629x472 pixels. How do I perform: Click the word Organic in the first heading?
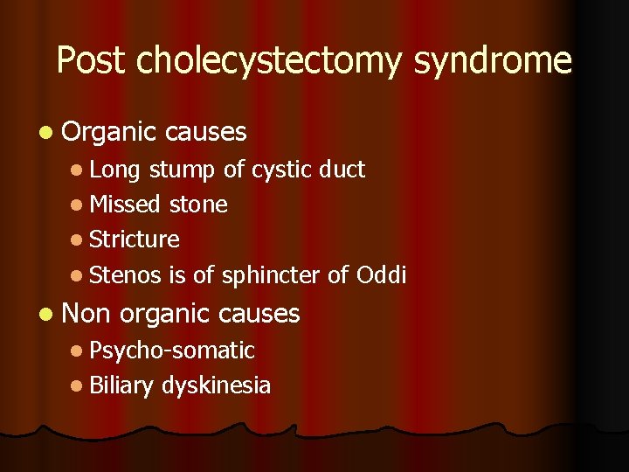(109, 132)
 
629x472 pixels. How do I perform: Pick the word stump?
(183, 170)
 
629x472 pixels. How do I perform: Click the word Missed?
(126, 205)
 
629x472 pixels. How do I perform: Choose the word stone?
(198, 205)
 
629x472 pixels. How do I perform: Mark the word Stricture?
(135, 239)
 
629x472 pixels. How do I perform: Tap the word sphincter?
(270, 275)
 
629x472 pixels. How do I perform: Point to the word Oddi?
(382, 274)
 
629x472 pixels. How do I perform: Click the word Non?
(87, 313)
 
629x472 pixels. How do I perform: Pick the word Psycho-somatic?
(172, 351)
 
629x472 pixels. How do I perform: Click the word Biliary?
(123, 385)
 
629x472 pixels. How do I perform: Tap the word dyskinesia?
(216, 385)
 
